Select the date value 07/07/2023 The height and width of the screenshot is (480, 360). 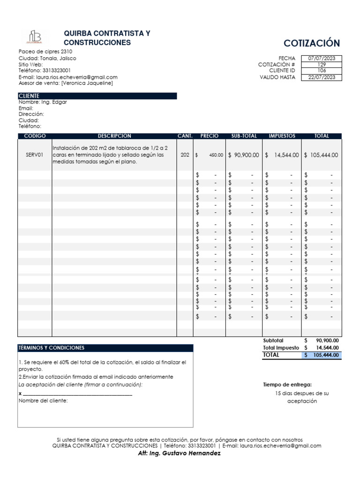[x=322, y=59]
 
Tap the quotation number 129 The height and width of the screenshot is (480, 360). [x=322, y=65]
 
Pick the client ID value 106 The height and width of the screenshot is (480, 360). [x=322, y=71]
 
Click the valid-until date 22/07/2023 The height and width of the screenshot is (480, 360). [x=322, y=77]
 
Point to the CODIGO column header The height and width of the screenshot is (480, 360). [x=35, y=136]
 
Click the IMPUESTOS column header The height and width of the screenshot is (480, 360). [x=282, y=136]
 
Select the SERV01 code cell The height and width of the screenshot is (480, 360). [x=35, y=155]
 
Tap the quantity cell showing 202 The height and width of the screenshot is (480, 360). [x=185, y=155]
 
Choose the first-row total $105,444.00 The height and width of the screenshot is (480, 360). [x=321, y=155]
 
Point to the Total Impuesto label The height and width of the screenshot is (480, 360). [x=281, y=348]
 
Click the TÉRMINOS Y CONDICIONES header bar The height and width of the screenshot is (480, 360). [x=105, y=348]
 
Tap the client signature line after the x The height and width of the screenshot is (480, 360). [x=77, y=394]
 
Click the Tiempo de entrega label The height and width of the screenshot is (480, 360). [x=287, y=384]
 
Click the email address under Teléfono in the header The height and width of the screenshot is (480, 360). [x=68, y=77]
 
